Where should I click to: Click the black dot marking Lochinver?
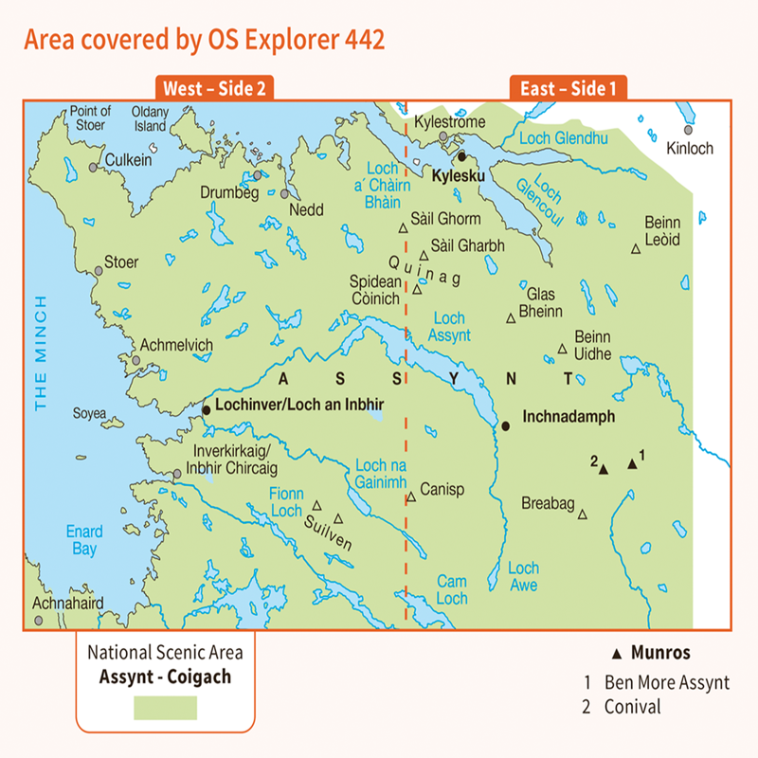[206, 410]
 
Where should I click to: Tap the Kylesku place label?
[458, 175]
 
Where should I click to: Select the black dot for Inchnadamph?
[506, 426]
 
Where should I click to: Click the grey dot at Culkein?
[93, 167]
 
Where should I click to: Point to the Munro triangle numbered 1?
[632, 464]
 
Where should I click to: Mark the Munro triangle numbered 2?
[603, 470]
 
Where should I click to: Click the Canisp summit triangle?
[411, 496]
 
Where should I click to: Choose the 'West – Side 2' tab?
[216, 89]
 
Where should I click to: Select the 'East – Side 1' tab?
[568, 89]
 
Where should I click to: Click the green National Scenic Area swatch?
[165, 708]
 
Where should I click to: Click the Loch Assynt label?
[449, 327]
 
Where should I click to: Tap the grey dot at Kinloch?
[688, 131]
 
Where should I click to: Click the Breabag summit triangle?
[583, 514]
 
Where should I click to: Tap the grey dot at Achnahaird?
[39, 620]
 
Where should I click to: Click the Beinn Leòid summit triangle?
[636, 250]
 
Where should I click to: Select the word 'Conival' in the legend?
[631, 707]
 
